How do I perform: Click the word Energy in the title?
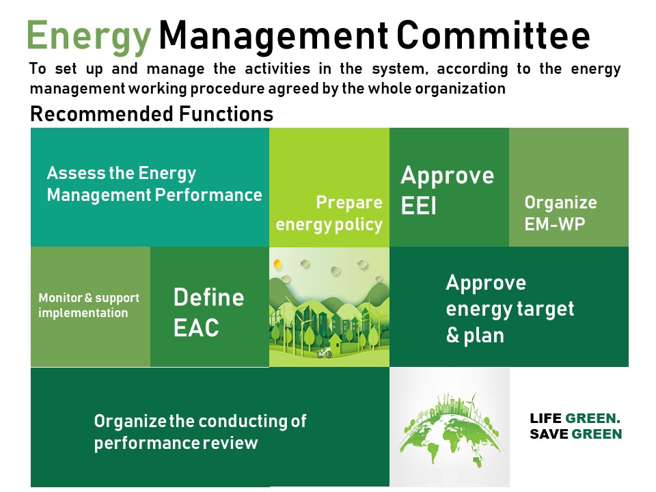click(88, 36)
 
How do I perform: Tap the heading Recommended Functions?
click(152, 114)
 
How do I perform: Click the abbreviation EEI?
click(418, 205)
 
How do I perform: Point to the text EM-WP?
click(554, 223)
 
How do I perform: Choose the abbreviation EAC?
click(196, 328)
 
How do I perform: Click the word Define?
click(208, 297)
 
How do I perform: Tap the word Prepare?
click(348, 203)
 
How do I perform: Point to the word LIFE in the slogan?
click(545, 419)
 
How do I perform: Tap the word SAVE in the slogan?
click(547, 435)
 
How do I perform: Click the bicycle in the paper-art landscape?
click(324, 353)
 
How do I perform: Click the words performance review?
click(176, 443)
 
